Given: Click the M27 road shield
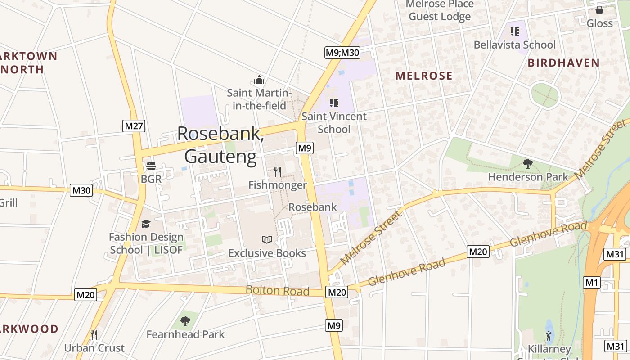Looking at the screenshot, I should [x=134, y=126].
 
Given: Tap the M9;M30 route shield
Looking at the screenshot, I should [x=342, y=53].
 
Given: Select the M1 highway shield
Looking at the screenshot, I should [x=591, y=283].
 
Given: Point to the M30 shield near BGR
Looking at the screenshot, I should [x=81, y=191].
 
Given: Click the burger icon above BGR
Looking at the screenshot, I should [x=151, y=166].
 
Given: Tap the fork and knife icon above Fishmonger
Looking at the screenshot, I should [x=278, y=171].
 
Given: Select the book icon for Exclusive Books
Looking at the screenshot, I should [x=267, y=239].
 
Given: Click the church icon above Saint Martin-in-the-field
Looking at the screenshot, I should [x=259, y=80].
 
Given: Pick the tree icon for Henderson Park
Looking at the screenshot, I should [x=528, y=163].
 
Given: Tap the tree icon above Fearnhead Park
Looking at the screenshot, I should [x=185, y=321].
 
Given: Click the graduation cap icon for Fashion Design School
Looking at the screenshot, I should [x=146, y=224].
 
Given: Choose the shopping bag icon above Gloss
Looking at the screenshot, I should [x=599, y=10].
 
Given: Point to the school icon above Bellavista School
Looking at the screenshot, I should [x=515, y=31].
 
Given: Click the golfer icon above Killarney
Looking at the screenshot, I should [x=548, y=336].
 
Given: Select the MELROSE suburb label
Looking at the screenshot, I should [x=424, y=76].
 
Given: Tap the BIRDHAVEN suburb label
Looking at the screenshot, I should [x=564, y=63].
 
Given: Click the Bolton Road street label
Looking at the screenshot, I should [x=277, y=291].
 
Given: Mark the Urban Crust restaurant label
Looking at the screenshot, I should [x=94, y=348].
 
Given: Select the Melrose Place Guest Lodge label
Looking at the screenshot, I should [x=440, y=10].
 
